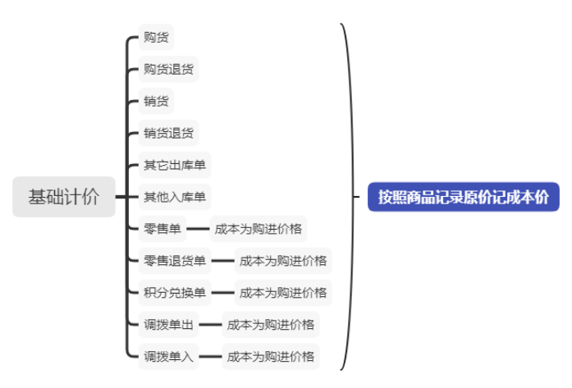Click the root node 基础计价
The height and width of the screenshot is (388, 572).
coord(63,197)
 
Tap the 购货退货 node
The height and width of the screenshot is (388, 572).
coord(168,69)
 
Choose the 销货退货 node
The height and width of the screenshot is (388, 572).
coord(168,133)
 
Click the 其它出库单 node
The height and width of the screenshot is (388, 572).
coord(175,165)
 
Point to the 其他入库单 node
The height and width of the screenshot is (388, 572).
coord(175,197)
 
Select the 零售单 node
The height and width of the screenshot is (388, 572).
coord(162,229)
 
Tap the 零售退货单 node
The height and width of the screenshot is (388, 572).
coord(175,261)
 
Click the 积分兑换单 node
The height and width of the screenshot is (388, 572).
coord(175,292)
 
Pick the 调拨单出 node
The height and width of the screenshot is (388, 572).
coord(168,325)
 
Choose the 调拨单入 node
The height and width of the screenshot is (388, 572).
coord(168,357)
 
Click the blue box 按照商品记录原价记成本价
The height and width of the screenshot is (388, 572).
coord(463,197)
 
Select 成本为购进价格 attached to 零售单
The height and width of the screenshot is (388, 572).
coord(258,229)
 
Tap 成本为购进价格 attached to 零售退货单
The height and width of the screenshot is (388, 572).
coord(282,261)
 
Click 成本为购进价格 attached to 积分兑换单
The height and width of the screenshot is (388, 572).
coord(282,292)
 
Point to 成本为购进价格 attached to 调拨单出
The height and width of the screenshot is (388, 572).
coord(270,325)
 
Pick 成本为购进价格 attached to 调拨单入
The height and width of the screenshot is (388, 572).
coord(270,357)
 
